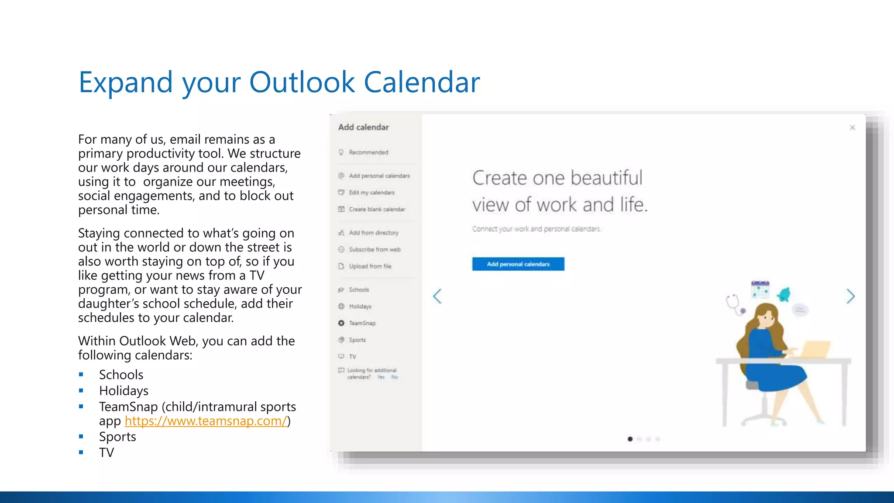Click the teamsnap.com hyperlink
tap(206, 421)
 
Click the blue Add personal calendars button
tap(518, 264)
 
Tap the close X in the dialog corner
tap(852, 127)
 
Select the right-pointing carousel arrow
tap(850, 296)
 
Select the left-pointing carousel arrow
tap(437, 296)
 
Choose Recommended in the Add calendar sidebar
tap(368, 152)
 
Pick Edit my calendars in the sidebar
tap(371, 193)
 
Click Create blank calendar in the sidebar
tap(377, 209)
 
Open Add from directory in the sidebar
tap(374, 233)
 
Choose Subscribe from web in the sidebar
tap(375, 249)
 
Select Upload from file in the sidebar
tap(370, 266)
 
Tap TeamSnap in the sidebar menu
tap(362, 323)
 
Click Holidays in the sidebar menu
tap(360, 307)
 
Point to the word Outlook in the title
tap(302, 82)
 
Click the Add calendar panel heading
tap(363, 127)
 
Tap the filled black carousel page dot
tap(630, 439)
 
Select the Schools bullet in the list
tap(121, 375)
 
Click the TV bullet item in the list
tap(107, 452)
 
